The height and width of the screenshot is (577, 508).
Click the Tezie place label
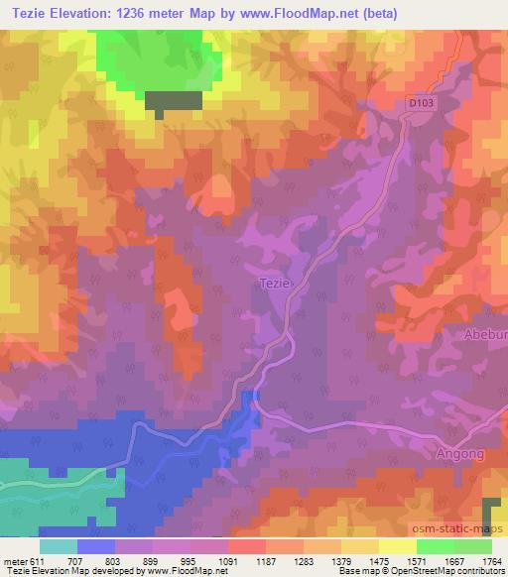click(x=274, y=283)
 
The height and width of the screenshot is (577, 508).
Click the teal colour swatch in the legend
click(x=59, y=546)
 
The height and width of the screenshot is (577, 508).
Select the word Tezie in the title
click(x=34, y=13)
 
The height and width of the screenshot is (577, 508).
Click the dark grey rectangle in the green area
click(x=174, y=100)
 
